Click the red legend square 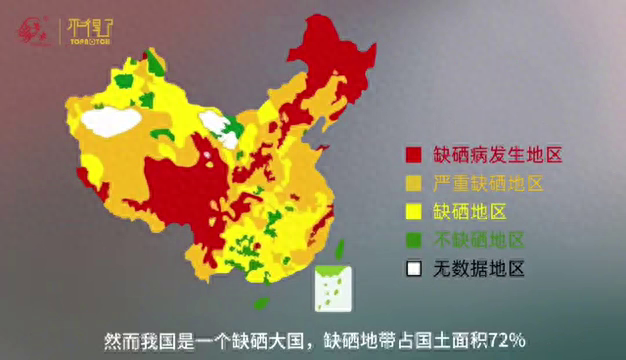(x=412, y=155)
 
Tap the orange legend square (x=412, y=183)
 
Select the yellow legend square (x=412, y=211)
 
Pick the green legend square (x=412, y=239)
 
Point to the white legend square (x=412, y=268)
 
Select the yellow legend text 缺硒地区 (x=470, y=211)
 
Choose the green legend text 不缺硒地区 (x=478, y=239)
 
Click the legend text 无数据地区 (x=478, y=268)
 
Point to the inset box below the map (x=334, y=288)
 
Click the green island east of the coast (x=338, y=249)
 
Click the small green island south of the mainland (x=261, y=302)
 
